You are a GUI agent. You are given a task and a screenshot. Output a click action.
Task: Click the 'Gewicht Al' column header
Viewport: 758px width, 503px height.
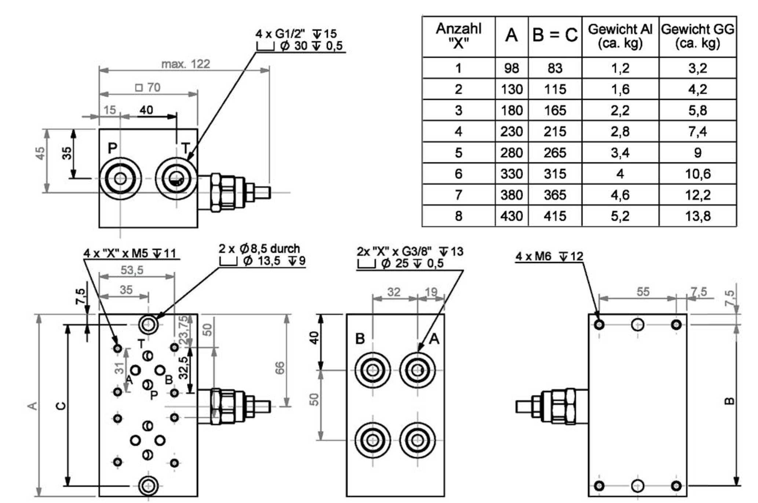pos(620,36)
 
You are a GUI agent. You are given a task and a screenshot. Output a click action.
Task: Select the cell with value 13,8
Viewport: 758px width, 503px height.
pos(697,216)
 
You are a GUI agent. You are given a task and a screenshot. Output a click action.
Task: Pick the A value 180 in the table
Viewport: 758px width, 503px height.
pos(511,110)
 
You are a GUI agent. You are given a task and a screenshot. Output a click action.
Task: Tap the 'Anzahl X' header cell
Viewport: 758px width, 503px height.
pos(458,36)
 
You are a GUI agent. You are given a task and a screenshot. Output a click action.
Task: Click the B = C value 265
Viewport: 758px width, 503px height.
pos(555,152)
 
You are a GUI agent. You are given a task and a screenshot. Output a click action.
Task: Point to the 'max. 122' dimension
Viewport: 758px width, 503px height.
pos(186,64)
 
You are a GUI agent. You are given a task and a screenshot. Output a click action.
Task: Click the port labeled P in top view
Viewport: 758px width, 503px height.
pos(120,179)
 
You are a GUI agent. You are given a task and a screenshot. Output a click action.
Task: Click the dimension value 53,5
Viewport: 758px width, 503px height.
pos(132,270)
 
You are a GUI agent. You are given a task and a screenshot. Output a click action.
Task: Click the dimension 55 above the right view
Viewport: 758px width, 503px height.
pos(643,292)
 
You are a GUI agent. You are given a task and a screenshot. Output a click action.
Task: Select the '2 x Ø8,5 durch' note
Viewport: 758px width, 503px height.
pos(259,249)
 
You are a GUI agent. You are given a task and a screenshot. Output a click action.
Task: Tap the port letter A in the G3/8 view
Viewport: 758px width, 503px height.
pos(434,339)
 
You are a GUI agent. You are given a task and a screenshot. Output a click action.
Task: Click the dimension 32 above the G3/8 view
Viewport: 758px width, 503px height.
pos(394,292)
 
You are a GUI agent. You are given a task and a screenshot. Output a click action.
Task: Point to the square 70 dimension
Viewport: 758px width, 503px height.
pos(148,87)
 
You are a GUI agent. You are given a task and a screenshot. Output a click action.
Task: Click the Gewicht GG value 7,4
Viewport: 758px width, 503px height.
pos(697,131)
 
